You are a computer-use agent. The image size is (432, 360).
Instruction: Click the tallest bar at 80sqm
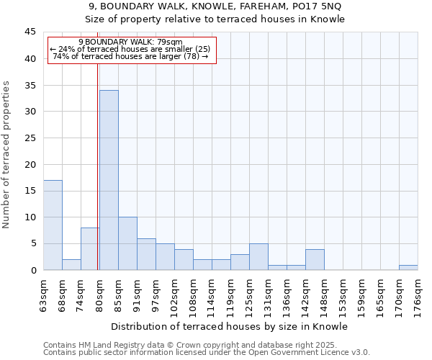coord(109,180)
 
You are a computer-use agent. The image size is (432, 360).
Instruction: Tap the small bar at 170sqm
coord(408,267)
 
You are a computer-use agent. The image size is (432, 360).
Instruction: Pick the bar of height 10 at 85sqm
coord(127,243)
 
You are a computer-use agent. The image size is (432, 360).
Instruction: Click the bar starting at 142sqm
coord(315,259)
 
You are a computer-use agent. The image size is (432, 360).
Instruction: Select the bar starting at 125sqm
coord(258,256)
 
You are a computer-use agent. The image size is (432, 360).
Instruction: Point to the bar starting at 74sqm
coord(90,248)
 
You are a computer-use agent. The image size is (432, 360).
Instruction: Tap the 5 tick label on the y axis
coord(32,243)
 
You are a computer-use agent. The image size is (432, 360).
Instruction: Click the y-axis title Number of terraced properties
coord(7,155)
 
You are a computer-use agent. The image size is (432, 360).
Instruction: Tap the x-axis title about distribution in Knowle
coord(230,327)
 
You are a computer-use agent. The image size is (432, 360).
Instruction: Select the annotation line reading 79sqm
coord(130,42)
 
